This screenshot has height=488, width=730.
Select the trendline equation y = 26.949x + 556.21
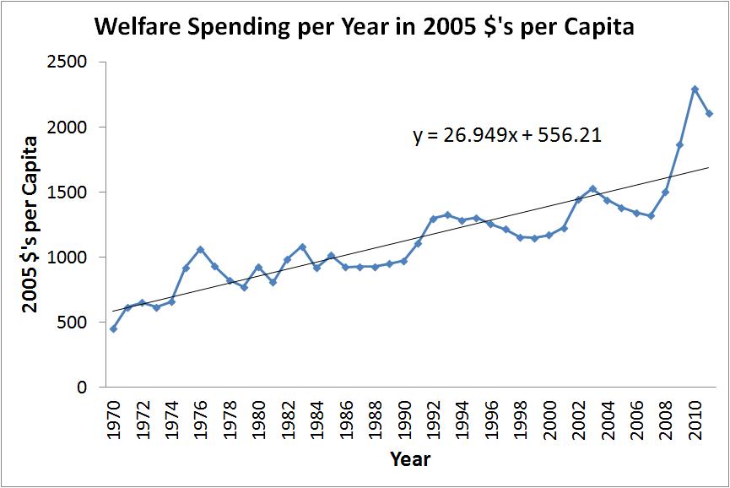tap(506, 135)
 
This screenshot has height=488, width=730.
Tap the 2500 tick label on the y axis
tap(72, 62)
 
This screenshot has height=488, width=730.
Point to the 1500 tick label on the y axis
tap(72, 192)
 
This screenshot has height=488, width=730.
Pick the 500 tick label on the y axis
tap(76, 323)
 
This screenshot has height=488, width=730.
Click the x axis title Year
tap(410, 460)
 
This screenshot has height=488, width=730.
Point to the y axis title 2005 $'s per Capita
tap(30, 224)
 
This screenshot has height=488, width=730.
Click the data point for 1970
tap(113, 328)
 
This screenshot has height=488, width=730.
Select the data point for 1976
tap(200, 249)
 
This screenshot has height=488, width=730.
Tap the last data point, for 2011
tap(709, 114)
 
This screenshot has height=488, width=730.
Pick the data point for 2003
tap(593, 188)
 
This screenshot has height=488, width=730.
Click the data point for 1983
tap(302, 247)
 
